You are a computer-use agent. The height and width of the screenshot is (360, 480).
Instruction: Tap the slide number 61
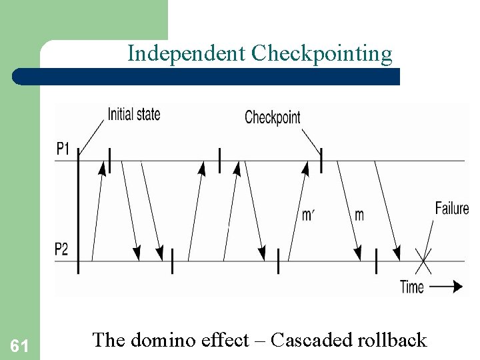pos(19,345)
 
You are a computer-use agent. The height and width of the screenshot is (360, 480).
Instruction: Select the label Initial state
pos(134,114)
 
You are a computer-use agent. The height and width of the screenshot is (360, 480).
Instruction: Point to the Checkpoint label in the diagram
pos(273,117)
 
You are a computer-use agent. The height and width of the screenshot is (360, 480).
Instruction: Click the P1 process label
pos(63,149)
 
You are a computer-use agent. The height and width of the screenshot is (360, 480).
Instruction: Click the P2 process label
pos(61,249)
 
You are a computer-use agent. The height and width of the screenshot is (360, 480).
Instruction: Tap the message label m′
pos(308,215)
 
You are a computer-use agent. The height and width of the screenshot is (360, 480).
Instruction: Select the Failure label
pos(452,208)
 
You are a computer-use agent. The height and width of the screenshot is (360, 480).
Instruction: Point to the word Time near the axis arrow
pos(412,287)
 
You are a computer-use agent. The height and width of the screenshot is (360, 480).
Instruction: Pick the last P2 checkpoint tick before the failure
pos(376,260)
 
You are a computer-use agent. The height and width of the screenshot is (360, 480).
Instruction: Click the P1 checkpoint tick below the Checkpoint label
pos(321,161)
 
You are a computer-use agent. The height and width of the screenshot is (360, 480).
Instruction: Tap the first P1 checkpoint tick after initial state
pos(109,161)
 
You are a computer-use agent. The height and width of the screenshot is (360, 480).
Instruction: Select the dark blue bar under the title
pos(207,76)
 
